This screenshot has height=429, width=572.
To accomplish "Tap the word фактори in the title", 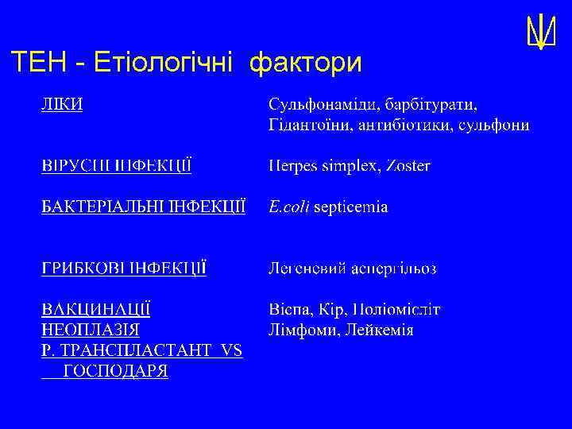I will pyautogui.click(x=305, y=61).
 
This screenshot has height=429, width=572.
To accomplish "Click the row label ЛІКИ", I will pyautogui.click(x=63, y=105).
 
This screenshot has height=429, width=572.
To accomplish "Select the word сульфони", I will pyautogui.click(x=497, y=126).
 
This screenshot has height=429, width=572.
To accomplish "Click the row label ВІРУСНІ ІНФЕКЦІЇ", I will pyautogui.click(x=116, y=166).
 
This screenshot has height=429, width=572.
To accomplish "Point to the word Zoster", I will pyautogui.click(x=409, y=166).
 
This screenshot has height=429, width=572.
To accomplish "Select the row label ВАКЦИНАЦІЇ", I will pyautogui.click(x=96, y=309).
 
